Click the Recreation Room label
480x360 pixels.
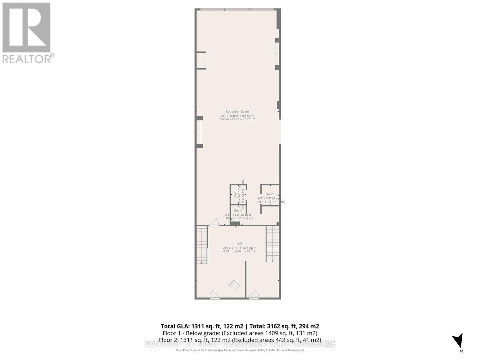(237, 112)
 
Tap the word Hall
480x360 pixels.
(239, 244)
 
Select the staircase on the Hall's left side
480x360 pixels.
(202, 245)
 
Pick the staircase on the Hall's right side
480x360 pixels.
(272, 244)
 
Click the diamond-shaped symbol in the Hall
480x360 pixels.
(234, 285)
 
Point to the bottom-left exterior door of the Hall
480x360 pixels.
(214, 295)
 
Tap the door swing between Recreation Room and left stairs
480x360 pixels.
(213, 222)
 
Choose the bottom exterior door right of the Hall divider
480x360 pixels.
(254, 295)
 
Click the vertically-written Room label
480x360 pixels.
(235, 194)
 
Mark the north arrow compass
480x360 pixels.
(458, 341)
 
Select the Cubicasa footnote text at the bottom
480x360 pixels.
(240, 350)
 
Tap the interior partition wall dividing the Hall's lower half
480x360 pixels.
(245, 279)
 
